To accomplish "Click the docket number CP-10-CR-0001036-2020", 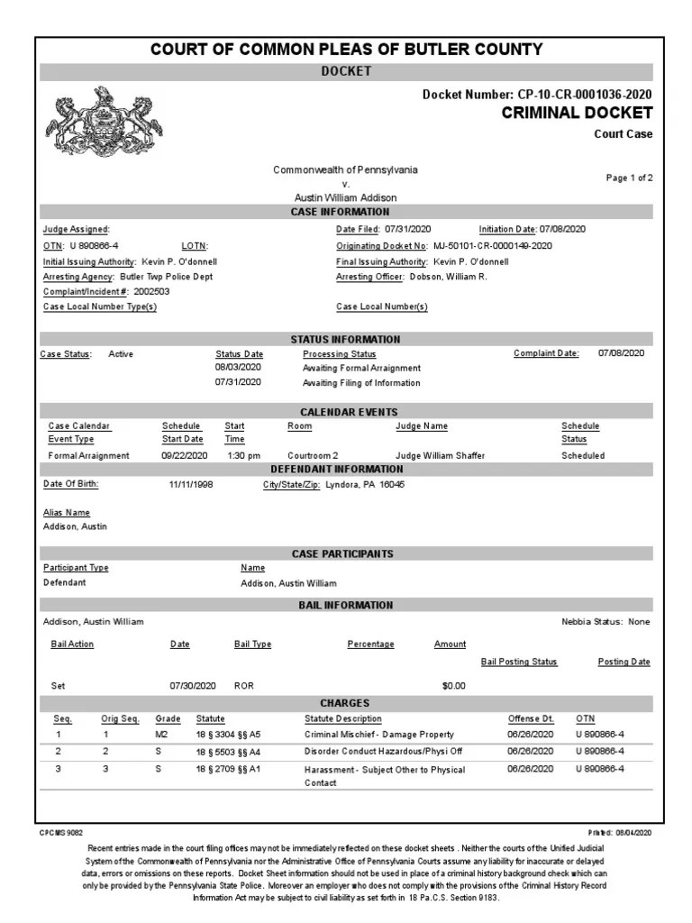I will click(x=585, y=95).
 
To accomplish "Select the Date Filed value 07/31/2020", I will click(x=410, y=230).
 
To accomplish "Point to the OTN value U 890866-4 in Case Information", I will click(x=94, y=245).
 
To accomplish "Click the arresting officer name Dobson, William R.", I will click(x=448, y=277).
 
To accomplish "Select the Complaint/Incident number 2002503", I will click(x=151, y=292).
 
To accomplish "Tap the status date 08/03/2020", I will click(x=238, y=368).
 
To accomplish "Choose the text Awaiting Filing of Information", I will click(x=361, y=383).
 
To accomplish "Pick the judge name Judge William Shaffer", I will click(x=440, y=456).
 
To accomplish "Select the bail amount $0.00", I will click(x=453, y=686).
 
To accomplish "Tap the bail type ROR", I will click(x=244, y=686).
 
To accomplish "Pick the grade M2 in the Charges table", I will click(x=161, y=735).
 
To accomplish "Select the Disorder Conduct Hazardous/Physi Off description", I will click(x=383, y=751).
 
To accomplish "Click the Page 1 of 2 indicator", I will click(x=629, y=178).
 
